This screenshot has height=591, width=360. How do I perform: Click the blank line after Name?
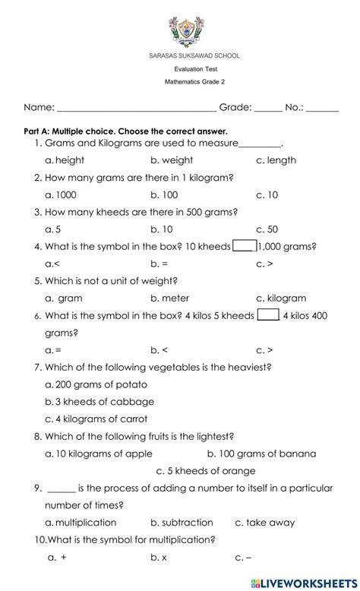(x=137, y=109)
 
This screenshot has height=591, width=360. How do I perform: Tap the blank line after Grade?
(x=268, y=109)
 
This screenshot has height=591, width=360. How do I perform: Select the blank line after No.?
(x=323, y=109)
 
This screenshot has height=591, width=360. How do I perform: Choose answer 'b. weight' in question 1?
(x=172, y=160)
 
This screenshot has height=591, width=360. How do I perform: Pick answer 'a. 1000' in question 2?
(x=61, y=195)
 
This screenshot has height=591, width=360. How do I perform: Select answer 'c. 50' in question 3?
(x=267, y=229)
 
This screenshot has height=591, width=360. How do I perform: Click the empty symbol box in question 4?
(x=244, y=245)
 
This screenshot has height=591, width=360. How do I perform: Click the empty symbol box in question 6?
(x=268, y=314)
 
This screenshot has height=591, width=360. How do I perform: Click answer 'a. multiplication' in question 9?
(x=81, y=523)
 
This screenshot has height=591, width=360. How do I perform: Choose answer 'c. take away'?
(x=265, y=523)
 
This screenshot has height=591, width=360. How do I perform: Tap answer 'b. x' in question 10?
(x=159, y=558)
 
